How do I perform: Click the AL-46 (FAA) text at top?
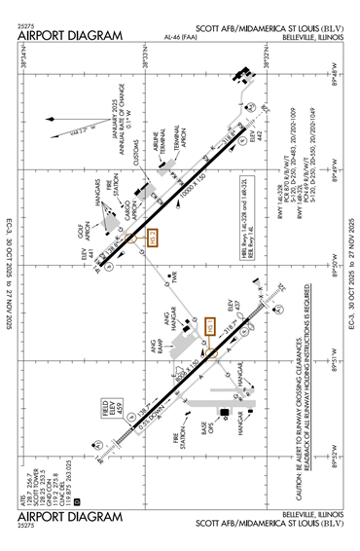tap(180, 36)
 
